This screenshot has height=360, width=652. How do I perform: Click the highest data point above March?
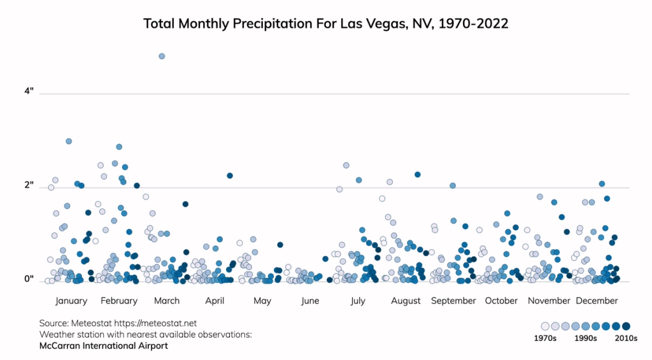click(162, 56)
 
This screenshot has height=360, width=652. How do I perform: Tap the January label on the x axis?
click(71, 301)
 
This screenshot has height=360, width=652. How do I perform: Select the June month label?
click(310, 301)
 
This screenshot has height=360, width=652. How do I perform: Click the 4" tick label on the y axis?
click(29, 92)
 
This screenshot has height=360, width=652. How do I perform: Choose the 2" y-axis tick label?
click(29, 185)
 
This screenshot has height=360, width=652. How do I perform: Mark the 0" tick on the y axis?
click(29, 279)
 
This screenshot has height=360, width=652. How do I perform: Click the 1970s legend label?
click(545, 338)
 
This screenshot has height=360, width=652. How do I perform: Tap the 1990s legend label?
click(585, 338)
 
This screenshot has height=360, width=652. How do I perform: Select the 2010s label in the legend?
click(626, 338)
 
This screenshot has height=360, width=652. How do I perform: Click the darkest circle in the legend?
click(626, 326)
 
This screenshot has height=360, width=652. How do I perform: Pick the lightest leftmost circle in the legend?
click(545, 326)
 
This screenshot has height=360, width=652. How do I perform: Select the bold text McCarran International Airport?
click(104, 346)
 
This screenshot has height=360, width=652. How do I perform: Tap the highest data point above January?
click(69, 141)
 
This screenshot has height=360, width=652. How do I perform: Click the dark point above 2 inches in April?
click(230, 175)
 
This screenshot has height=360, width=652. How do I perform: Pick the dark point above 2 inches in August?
click(418, 174)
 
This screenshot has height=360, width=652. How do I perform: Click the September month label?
click(453, 301)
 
